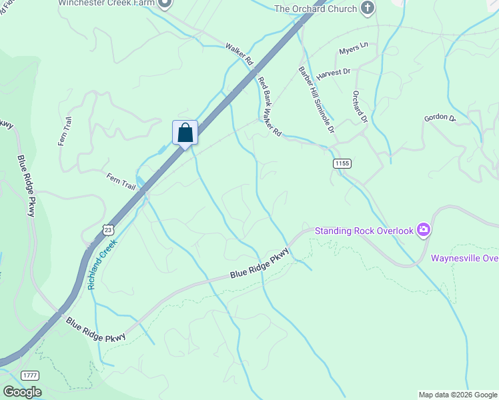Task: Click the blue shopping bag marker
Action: click(x=185, y=133)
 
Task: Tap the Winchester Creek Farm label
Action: click(x=106, y=3)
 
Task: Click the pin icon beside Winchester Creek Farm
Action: click(x=165, y=3)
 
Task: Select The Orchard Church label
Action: click(x=315, y=9)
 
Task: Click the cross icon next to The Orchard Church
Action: click(x=367, y=8)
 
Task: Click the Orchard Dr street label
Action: click(x=360, y=106)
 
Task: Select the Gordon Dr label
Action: click(x=440, y=119)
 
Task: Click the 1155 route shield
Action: click(x=342, y=163)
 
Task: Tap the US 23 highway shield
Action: click(x=107, y=229)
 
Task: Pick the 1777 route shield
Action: click(x=29, y=375)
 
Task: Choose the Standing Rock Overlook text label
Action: click(x=364, y=231)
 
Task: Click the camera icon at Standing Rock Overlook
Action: click(x=423, y=231)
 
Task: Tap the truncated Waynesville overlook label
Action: click(x=464, y=259)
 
